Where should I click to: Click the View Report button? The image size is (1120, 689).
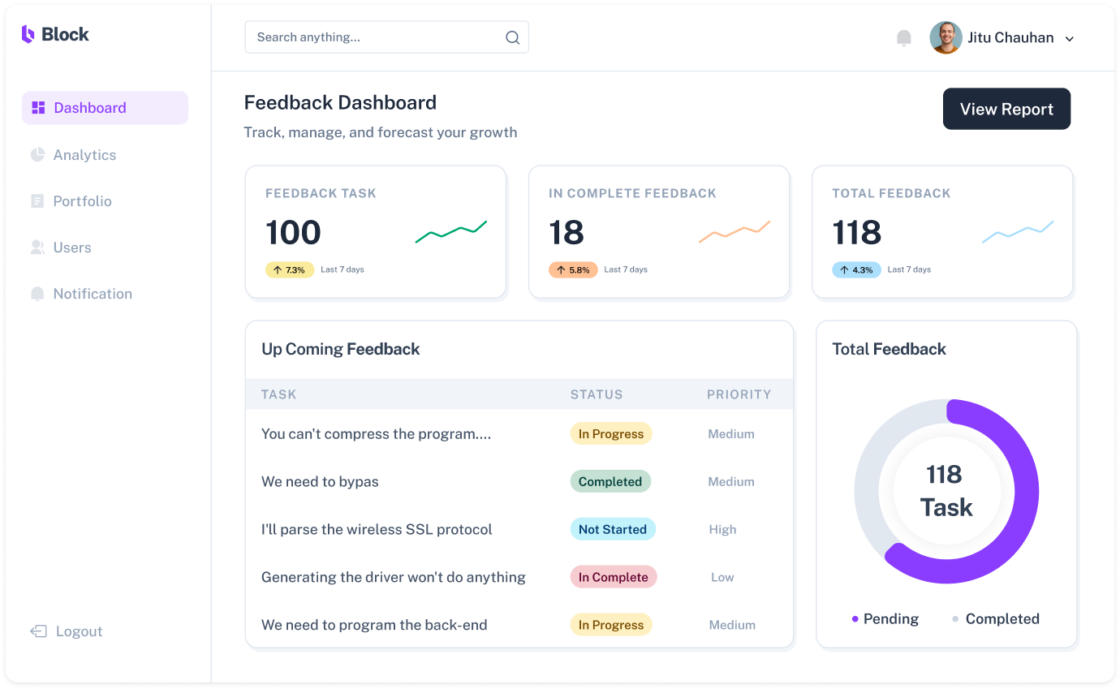coord(1006,109)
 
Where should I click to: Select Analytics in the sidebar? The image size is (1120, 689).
coord(84,155)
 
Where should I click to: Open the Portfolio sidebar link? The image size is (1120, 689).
coord(82,201)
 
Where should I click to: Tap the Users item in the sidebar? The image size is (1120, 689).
coord(72,248)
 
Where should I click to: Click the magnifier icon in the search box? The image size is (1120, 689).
coord(512,37)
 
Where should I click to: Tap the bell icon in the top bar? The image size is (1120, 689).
coord(903,38)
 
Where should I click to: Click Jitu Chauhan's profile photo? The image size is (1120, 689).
coord(946,37)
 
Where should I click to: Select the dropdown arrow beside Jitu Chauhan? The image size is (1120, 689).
coord(1070,39)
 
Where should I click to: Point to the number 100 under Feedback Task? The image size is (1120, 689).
coord(293,233)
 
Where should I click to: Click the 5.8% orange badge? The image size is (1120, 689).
coord(573,269)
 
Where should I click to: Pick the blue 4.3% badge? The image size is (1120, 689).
coord(856,269)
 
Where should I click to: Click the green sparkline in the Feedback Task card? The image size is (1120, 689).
coord(451,231)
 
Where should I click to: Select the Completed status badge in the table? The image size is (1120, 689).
coord(610,481)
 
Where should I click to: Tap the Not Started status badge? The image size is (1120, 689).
coord(612,529)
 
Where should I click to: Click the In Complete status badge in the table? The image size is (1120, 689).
coord(613,577)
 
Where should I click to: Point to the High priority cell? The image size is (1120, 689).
coord(722,529)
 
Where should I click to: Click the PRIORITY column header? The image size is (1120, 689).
coord(739,394)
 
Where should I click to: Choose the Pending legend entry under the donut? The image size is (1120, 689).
coord(885,618)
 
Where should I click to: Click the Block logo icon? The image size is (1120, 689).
coord(28,34)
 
